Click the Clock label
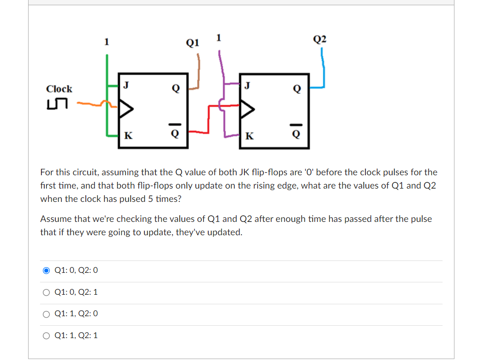coord(59,89)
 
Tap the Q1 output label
coord(192,43)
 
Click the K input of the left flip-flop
coord(128,136)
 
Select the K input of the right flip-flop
coord(249,136)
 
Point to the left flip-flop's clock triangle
coord(125,110)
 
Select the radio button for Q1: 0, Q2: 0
coord(46,270)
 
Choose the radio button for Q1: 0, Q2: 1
coord(46,292)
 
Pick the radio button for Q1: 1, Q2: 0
coord(46,314)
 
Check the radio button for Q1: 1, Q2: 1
coord(46,336)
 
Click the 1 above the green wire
coord(107,42)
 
